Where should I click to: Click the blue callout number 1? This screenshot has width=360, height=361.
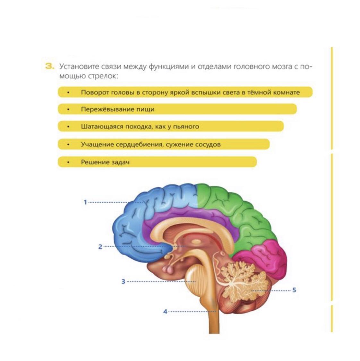85,202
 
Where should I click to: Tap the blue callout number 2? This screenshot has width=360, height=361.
100,247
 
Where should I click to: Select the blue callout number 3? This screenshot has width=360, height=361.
123,282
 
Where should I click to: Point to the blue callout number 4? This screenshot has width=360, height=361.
165,311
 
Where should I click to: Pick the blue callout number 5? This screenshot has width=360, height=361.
294,290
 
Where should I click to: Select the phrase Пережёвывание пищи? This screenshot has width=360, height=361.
117,109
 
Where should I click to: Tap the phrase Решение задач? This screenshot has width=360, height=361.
105,162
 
